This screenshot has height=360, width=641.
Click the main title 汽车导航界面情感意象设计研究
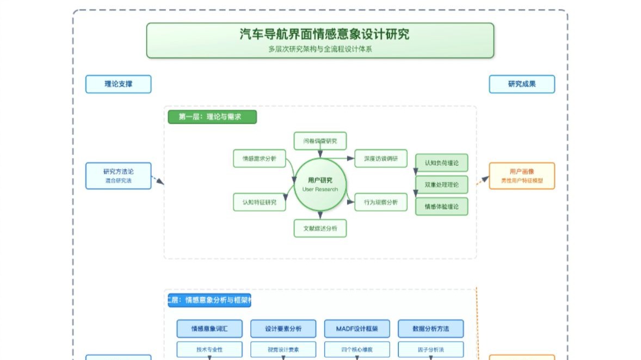point(324,35)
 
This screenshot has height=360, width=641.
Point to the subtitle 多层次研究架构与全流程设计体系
point(320,49)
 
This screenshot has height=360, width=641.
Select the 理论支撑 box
point(118,84)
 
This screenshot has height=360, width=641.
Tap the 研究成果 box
point(522,84)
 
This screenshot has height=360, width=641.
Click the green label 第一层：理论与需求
point(212,117)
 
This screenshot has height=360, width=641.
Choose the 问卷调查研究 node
point(320,141)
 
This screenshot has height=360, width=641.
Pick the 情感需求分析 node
point(260,158)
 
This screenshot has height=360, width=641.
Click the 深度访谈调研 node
point(381,158)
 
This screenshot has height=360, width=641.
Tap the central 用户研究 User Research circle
point(320,184)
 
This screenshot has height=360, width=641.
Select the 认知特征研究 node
point(260,202)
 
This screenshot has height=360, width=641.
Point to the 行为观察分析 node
point(381,202)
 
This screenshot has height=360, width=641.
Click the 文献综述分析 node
point(320,228)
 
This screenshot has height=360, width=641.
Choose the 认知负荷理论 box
point(441,163)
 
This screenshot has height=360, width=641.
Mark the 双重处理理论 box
point(441,184)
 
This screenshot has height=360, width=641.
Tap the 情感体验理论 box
point(441,206)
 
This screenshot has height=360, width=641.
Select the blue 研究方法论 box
point(118,176)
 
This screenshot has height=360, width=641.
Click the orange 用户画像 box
point(522,176)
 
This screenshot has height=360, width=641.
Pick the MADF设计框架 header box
point(357,328)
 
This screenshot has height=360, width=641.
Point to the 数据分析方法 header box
point(430,328)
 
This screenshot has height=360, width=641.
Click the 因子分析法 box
point(430,349)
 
